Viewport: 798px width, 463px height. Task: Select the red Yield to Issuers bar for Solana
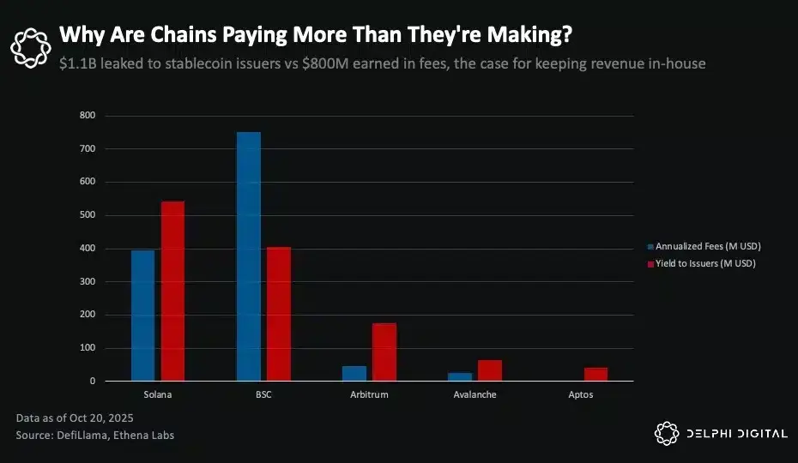(x=172, y=292)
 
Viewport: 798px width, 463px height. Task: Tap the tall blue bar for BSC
(x=249, y=256)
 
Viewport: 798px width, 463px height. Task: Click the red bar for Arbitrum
(x=384, y=352)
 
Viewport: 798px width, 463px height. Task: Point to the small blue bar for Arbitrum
(x=354, y=373)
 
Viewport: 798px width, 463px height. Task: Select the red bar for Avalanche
(x=490, y=370)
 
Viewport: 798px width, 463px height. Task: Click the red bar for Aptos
(x=595, y=374)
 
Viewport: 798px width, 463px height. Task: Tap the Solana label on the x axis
(x=158, y=395)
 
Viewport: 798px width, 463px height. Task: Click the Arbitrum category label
(x=369, y=395)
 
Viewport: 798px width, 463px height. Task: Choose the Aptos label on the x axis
(x=580, y=395)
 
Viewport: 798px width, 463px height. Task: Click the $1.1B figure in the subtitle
(x=79, y=63)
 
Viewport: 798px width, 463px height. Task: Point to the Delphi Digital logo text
(x=735, y=434)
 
